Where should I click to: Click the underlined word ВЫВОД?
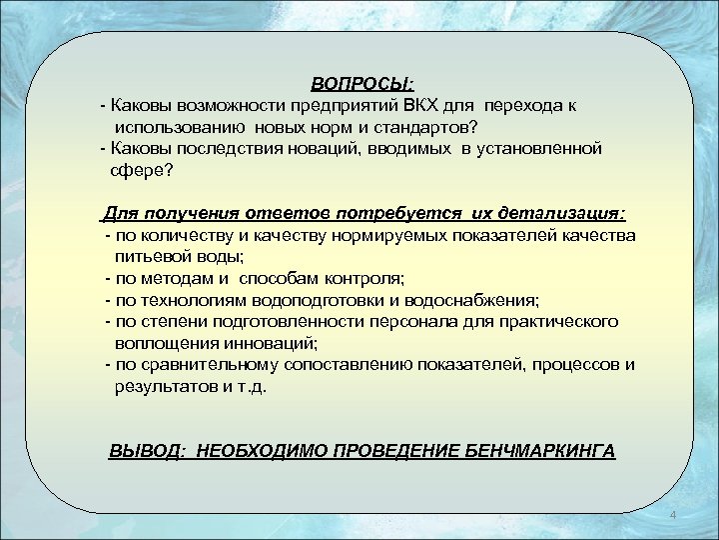[x=147, y=450]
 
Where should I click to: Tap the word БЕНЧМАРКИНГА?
[x=540, y=450]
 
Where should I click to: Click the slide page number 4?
[x=674, y=515]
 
